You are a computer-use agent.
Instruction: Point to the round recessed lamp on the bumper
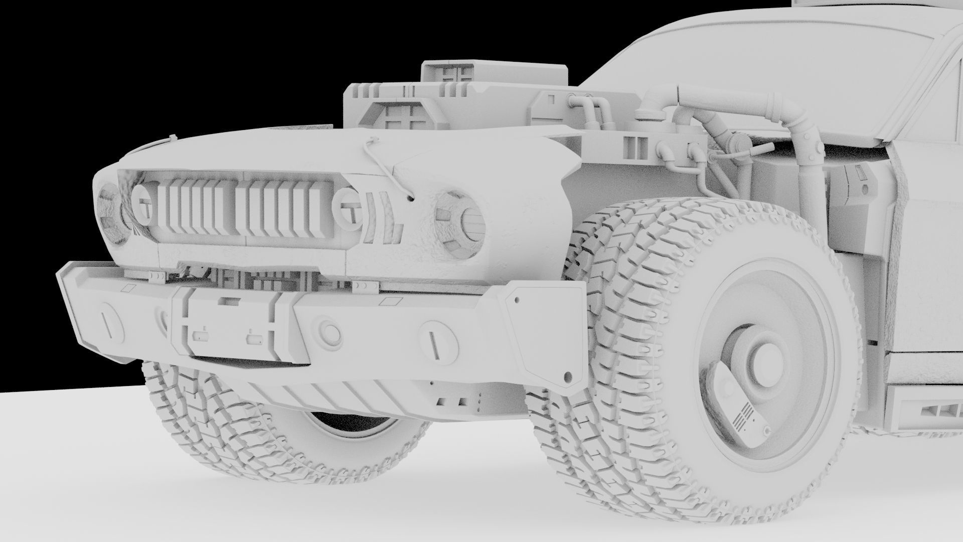[329, 331]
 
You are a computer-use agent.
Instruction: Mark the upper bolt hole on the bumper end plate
[516, 302]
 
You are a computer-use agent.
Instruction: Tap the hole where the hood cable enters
[411, 198]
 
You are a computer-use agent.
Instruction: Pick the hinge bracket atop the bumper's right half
[364, 287]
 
